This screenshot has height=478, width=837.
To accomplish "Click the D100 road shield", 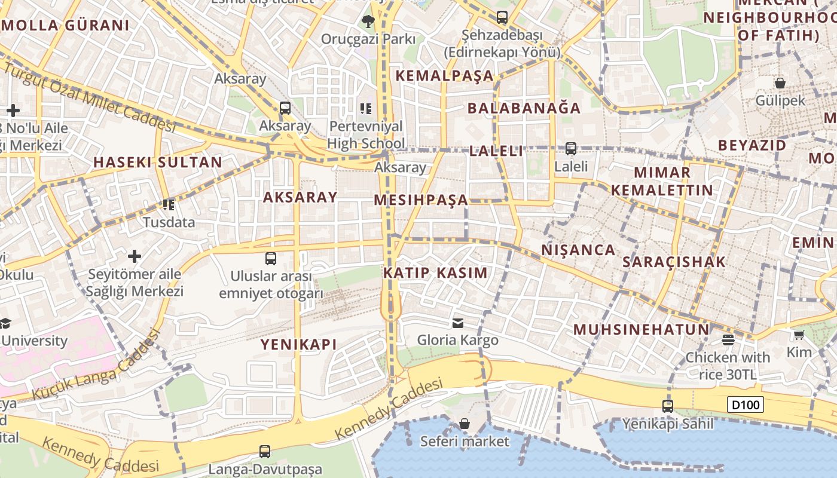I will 746,405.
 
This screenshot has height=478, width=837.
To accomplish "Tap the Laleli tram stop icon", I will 571,148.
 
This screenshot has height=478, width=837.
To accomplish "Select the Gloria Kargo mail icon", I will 458,323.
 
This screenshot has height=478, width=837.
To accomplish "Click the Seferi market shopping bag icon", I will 465,424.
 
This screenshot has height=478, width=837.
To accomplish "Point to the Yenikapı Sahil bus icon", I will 668,406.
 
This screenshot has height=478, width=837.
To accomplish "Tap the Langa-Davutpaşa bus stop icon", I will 265,452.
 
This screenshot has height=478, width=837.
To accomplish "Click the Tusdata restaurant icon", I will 169,205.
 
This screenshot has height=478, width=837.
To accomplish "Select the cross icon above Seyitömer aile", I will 135,256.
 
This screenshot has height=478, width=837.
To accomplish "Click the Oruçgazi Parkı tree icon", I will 368,22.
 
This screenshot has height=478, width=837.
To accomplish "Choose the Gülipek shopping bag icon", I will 780,82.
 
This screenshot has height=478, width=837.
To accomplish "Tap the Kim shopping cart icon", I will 799,335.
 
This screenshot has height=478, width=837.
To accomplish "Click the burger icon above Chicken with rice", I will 728,340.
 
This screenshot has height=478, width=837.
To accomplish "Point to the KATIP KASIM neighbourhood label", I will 435,273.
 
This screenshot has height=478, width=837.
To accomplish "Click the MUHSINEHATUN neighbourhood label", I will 642,329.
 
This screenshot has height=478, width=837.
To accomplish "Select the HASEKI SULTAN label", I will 158,162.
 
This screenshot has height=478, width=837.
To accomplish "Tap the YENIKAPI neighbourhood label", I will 298,344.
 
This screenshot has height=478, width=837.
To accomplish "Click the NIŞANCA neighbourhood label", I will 578,250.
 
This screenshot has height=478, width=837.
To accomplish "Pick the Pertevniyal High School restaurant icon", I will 366,108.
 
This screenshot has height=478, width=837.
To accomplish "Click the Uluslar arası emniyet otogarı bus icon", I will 271,259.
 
